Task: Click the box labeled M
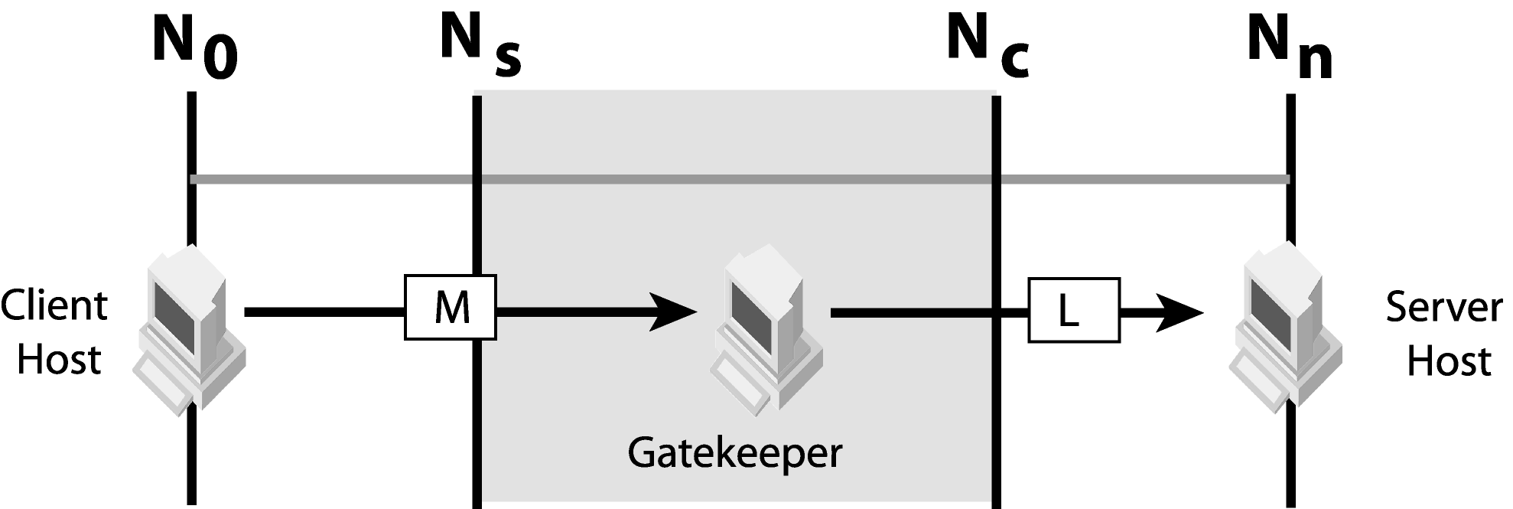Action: tap(451, 308)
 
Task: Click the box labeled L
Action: tap(1073, 310)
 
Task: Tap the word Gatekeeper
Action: tap(734, 452)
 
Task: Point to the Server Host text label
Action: tap(1443, 334)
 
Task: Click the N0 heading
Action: tap(194, 46)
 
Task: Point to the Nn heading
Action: tap(1290, 46)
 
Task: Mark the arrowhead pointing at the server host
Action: tap(1179, 312)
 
